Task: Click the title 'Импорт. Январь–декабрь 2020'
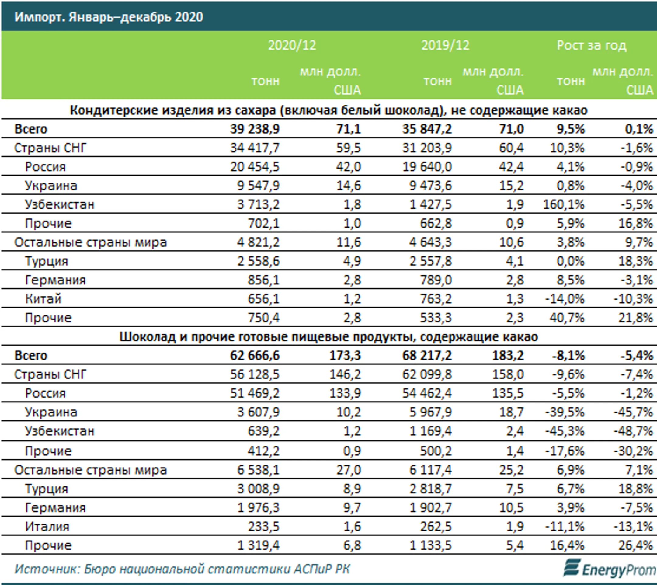point(109,17)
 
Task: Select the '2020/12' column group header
point(292,45)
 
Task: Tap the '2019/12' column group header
point(445,45)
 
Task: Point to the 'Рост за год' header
point(591,45)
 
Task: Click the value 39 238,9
point(255,129)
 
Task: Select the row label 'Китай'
point(43,299)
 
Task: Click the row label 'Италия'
point(47,527)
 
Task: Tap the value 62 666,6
point(255,356)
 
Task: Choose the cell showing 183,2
point(508,356)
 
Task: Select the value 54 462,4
point(427,393)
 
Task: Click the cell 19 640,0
point(427,167)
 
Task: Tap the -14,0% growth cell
point(565,299)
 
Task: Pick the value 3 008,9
point(259,489)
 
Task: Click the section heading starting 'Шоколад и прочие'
point(328,336)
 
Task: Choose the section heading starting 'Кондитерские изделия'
point(328,110)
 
